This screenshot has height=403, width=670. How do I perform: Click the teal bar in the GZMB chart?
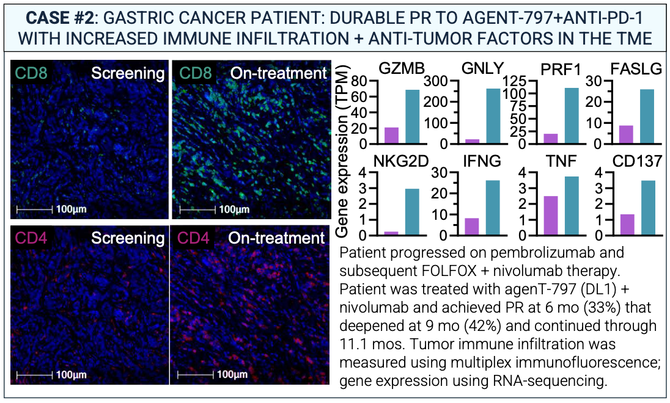point(413,117)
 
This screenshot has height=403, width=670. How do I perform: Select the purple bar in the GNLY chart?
point(473,142)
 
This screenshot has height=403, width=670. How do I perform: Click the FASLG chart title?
point(639,69)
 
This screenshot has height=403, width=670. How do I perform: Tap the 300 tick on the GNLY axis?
point(439,81)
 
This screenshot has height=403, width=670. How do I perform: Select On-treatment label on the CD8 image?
point(278,73)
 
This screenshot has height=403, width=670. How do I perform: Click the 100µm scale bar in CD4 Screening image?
point(34,373)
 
